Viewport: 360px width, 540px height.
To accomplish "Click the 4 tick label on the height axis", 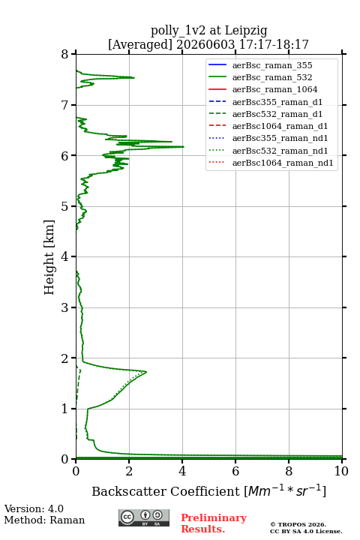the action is (x=64, y=256).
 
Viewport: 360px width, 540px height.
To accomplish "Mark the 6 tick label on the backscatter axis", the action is (x=235, y=471).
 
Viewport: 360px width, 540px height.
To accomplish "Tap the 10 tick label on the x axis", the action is (x=341, y=471).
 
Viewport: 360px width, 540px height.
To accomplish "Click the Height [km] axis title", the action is (x=49, y=257).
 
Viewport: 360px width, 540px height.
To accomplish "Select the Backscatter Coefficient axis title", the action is (x=208, y=491).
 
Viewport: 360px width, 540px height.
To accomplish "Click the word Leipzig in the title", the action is (x=246, y=31).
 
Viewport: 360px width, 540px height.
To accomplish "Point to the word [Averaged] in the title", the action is (x=140, y=44).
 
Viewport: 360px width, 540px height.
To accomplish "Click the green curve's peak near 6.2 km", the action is (x=183, y=147).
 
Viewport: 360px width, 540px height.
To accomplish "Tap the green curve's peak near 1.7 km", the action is (x=146, y=372).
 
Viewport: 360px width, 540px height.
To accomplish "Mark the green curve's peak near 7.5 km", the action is (x=133, y=78).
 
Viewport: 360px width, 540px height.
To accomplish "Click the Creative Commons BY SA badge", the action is (x=144, y=517).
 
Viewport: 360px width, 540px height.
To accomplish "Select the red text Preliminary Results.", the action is (x=214, y=523).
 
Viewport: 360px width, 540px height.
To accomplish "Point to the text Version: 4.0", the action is (x=34, y=508).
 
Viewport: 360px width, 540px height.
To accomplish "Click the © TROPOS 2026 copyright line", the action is (x=298, y=524).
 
